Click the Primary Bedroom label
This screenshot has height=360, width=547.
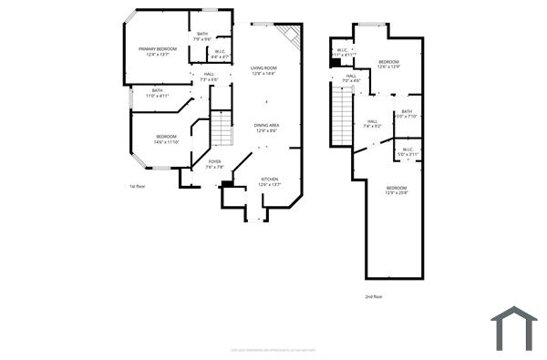coord(158,51)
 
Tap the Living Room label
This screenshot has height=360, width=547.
coord(264,70)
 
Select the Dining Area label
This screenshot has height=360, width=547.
coord(267,128)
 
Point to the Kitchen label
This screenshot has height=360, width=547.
coord(270,181)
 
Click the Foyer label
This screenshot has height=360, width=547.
coord(214,164)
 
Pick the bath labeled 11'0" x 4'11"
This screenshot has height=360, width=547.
coord(158,93)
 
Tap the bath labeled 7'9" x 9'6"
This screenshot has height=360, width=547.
coord(202,36)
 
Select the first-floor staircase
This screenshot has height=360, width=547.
coord(222,128)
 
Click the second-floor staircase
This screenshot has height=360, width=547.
coord(342,118)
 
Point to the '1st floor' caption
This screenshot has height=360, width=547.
coord(138,186)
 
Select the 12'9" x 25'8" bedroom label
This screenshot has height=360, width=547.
coord(396,190)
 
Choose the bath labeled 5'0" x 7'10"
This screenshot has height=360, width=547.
coord(406,114)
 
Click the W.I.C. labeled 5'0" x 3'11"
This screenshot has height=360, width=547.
coord(407,151)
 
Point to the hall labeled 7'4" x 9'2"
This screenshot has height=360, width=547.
coord(373,123)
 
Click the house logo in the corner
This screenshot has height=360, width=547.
coord(513,328)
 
